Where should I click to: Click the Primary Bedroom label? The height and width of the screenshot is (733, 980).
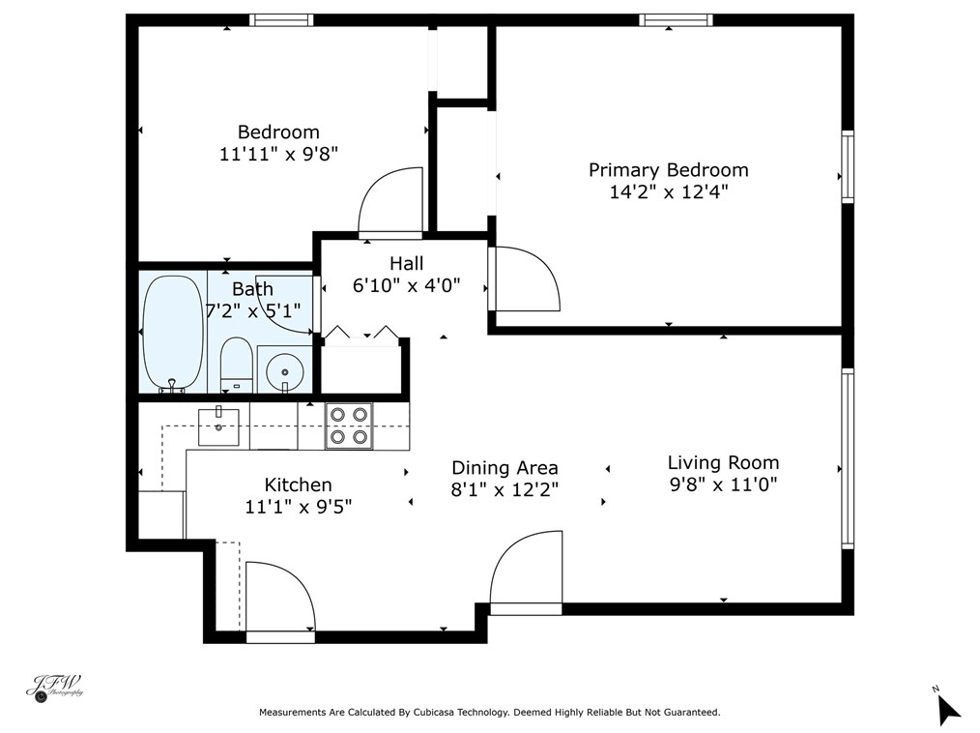pos(668,170)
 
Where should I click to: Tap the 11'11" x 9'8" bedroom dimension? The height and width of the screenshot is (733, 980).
pos(278,154)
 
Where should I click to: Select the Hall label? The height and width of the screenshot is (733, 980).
pos(406,263)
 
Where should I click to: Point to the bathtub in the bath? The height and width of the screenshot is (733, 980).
pos(173,334)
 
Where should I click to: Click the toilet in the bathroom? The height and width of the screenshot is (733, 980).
pos(236,365)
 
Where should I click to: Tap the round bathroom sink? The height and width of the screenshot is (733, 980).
pos(285,371)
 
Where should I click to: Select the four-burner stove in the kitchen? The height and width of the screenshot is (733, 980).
pos(349,425)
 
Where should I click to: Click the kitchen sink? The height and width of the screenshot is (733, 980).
pos(218,426)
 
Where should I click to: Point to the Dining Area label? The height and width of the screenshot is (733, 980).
pos(504,468)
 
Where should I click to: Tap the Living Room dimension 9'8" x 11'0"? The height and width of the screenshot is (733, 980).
pos(723,484)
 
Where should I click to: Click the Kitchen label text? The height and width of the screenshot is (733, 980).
pos(298,484)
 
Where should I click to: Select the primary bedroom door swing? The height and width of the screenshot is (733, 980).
pos(525,279)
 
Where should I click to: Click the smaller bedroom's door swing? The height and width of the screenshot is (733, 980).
pos(390,200)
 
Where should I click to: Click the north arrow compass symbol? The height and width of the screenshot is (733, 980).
pos(948,708)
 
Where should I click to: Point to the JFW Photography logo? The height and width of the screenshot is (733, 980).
pos(55,688)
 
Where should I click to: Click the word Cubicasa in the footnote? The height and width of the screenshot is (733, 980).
pos(433,712)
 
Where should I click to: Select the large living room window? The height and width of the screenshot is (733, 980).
pos(847,458)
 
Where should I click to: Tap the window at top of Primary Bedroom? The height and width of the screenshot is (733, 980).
pos(676,20)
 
